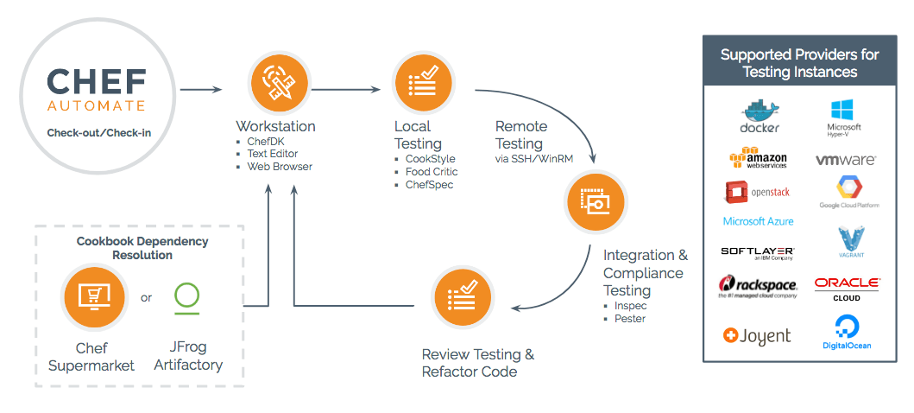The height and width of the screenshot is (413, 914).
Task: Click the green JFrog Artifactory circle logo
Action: click(x=187, y=295)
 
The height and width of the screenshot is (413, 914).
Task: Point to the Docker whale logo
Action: click(x=760, y=117)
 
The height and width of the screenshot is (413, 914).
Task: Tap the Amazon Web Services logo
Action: click(x=759, y=159)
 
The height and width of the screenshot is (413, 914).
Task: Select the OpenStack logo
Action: click(x=758, y=192)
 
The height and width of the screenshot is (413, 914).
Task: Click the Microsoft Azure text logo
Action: click(x=758, y=221)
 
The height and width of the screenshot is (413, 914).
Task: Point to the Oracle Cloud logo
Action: click(x=846, y=289)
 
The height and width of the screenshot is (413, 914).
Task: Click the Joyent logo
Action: click(x=757, y=335)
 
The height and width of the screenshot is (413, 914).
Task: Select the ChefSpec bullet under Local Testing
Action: click(x=429, y=184)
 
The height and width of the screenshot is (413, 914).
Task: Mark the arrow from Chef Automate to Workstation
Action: click(x=200, y=89)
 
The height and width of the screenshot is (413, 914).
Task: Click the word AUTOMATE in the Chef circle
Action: click(x=96, y=105)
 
